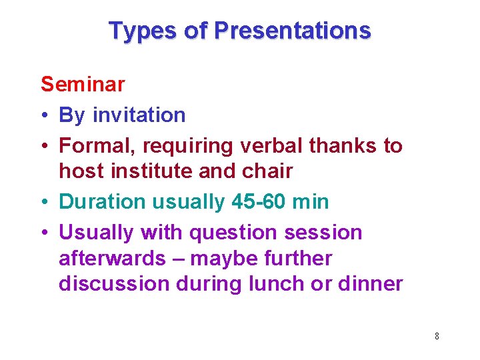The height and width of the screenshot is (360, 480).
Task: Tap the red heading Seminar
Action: click(83, 84)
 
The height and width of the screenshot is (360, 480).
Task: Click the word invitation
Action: click(139, 115)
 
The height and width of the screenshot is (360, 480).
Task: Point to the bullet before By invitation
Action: click(45, 115)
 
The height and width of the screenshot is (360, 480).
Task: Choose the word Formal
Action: click(96, 146)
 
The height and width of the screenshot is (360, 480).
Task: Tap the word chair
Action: click(269, 171)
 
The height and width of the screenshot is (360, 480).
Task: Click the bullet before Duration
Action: click(45, 202)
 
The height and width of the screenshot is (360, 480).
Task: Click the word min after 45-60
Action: click(311, 201)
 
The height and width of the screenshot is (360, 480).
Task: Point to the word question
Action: click(233, 233)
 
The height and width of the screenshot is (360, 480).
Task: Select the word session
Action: click(323, 233)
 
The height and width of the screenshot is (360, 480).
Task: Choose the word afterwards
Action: click(111, 258)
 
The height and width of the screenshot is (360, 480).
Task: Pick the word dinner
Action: click(369, 284)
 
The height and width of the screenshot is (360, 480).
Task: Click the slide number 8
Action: click(437, 336)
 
